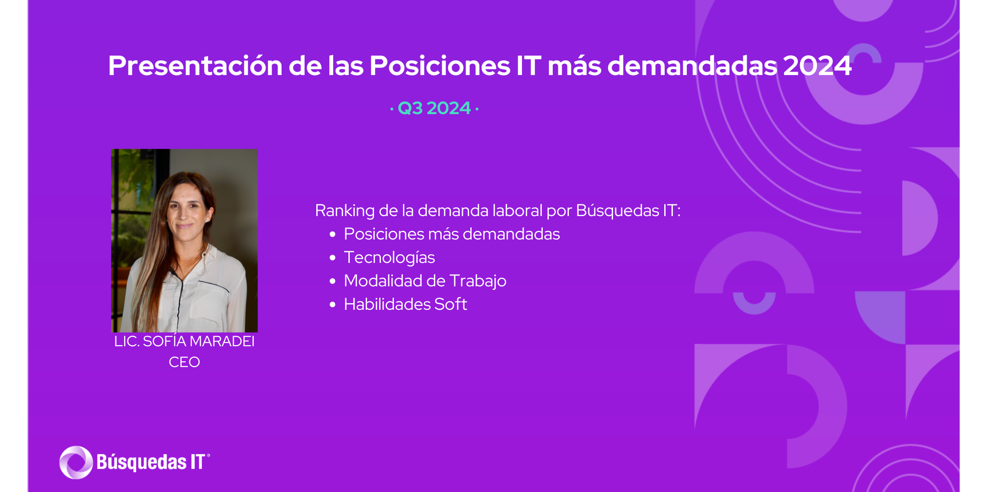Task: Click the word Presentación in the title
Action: (x=195, y=66)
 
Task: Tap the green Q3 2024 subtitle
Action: (x=434, y=108)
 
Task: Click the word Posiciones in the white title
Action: (x=440, y=66)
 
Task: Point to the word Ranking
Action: (x=344, y=211)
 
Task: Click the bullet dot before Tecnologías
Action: (x=333, y=258)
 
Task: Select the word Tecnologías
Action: (x=389, y=258)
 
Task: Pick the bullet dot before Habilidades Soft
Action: (x=333, y=305)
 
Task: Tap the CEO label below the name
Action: (x=184, y=362)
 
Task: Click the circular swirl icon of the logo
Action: (x=76, y=462)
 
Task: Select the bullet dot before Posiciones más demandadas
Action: (x=333, y=234)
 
